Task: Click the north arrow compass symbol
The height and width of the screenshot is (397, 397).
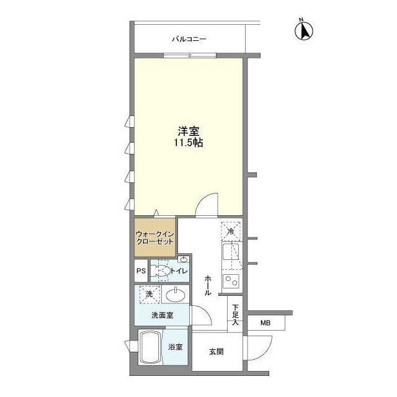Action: coord(304,30)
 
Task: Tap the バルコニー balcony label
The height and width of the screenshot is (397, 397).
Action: coord(189,39)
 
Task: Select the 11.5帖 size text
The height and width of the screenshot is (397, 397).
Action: coord(189,143)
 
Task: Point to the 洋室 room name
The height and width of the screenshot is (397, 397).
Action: coord(189,132)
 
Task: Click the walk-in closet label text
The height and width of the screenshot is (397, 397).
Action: coord(154,237)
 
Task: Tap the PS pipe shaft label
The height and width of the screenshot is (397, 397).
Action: coord(141,271)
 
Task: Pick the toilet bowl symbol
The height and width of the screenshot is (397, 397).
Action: coord(161,271)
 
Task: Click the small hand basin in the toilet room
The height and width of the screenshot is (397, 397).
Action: coord(184,259)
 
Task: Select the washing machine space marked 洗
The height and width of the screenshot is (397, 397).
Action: coord(149,295)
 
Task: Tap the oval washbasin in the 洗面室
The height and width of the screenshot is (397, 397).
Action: coord(176,295)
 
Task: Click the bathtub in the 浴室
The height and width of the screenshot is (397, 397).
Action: coord(150,347)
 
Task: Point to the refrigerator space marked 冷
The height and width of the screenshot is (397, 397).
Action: coord(231,231)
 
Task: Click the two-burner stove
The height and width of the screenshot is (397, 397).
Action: coord(231,281)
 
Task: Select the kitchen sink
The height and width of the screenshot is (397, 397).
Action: coord(230,251)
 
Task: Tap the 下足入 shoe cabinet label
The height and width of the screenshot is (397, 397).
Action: coord(236,315)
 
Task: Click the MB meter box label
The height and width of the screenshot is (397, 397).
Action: coord(265,323)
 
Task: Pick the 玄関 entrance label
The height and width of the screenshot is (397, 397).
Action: coord(216,352)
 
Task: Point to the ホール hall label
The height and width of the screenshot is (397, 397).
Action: coord(208,285)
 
